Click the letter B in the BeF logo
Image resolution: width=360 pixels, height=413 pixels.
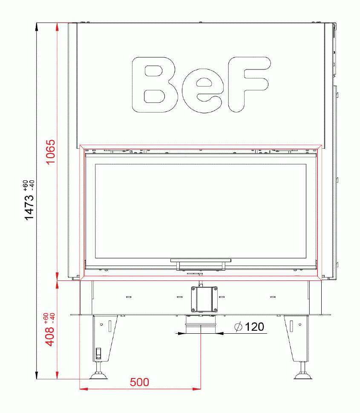[155, 85]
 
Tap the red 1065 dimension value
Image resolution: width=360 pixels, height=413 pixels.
[51, 152]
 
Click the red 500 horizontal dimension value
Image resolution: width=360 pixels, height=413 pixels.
[140, 382]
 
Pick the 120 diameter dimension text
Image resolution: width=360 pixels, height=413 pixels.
[254, 327]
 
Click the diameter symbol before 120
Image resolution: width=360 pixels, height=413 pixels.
[239, 327]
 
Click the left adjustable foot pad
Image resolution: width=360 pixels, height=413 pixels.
[98, 376]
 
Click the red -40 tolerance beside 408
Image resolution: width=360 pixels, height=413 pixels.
[52, 317]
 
